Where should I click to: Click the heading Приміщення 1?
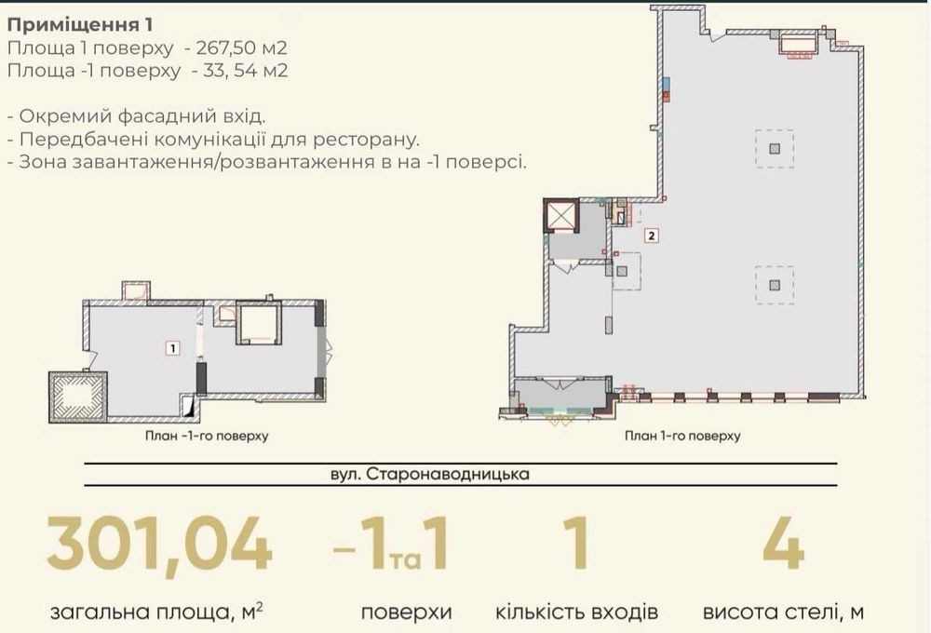80,25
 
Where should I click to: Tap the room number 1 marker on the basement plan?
173,348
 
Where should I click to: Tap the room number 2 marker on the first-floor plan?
652,236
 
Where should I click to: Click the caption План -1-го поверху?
207,436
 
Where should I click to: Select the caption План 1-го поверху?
682,436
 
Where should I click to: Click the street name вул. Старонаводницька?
430,475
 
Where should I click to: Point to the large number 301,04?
160,544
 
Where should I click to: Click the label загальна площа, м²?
157,611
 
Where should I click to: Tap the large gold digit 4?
783,544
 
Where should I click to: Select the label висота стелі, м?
783,612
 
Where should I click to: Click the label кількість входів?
576,612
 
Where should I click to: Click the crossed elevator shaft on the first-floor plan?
561,216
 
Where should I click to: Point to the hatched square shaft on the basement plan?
78,397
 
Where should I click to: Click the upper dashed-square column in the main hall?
775,148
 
